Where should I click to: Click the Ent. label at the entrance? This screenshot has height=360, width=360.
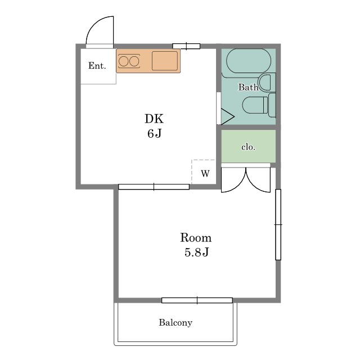tap(97, 66)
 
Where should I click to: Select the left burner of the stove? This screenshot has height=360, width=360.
tap(124, 61)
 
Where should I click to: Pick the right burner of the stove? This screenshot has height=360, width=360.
tap(134, 61)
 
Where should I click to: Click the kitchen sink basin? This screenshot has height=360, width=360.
tap(165, 61)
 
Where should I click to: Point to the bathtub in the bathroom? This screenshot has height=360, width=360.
tap(249, 61)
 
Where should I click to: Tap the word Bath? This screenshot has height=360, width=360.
tap(248, 87)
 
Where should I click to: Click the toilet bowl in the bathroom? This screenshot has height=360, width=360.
tap(255, 105)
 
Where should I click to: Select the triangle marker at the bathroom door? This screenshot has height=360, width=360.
tap(227, 116)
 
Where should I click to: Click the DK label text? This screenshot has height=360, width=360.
tap(154, 119)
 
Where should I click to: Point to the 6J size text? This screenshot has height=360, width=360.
tap(155, 133)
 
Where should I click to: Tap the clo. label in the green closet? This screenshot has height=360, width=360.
tap(248, 147)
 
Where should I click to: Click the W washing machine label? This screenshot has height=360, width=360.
tap(205, 173)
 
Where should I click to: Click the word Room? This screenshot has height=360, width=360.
tap(196, 237)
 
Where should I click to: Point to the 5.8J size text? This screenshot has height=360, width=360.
tap(197, 252)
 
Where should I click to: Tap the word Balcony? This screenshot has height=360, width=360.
tap(175, 322)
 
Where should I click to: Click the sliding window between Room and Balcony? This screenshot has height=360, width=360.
tap(197, 300)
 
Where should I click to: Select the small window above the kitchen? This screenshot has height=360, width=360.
tap(186, 46)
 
